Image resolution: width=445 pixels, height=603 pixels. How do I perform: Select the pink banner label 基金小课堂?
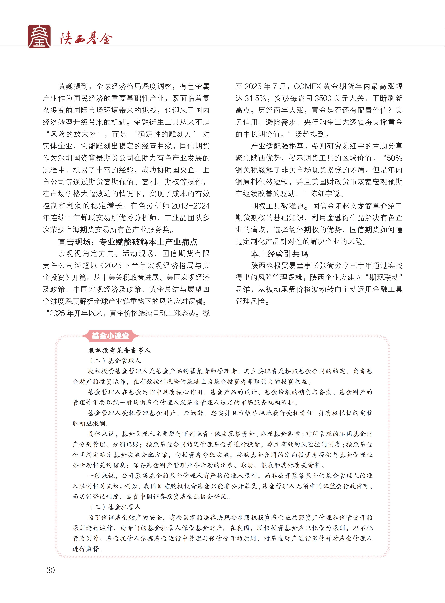(110, 336)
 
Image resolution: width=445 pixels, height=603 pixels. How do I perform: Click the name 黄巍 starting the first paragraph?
(66, 87)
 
